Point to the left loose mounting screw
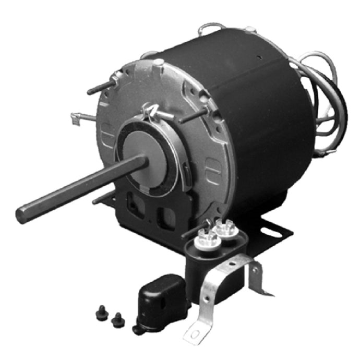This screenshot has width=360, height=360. (100, 314)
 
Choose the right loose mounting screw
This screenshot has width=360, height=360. (118, 319)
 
